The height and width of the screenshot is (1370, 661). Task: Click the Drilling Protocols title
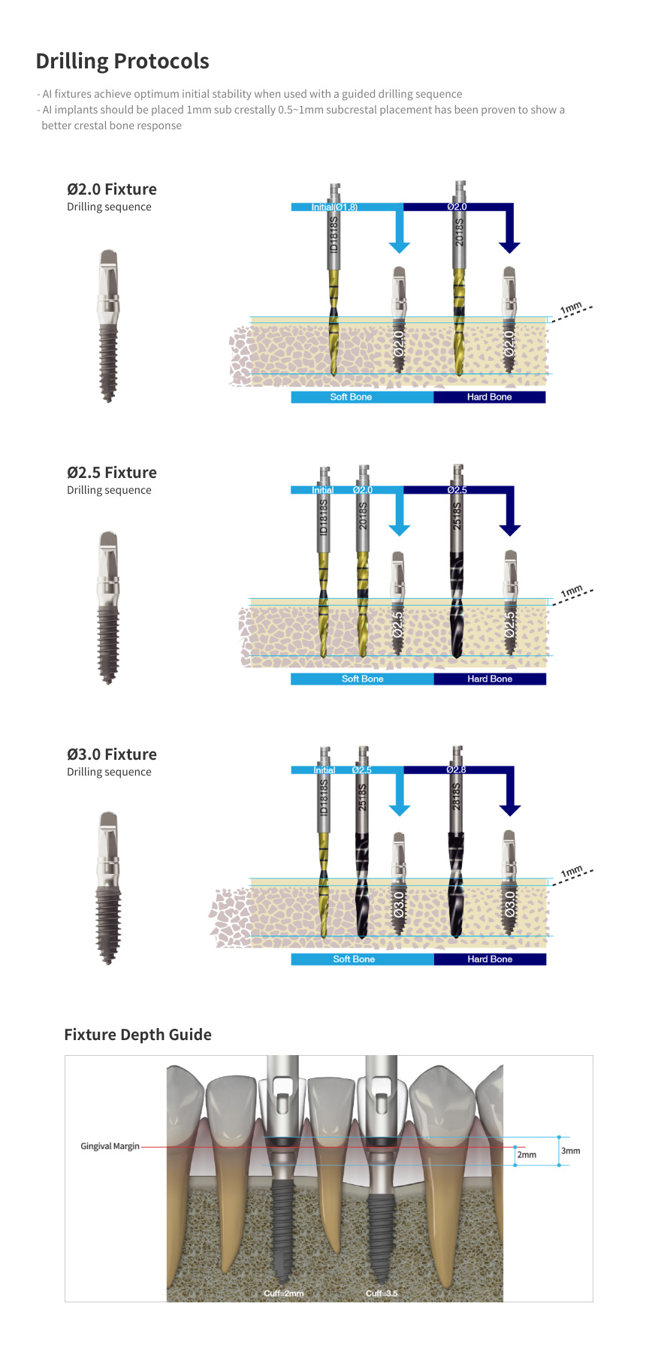click(122, 61)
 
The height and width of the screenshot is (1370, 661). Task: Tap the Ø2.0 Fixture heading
click(111, 189)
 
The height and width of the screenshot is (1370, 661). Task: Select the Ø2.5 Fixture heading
click(111, 473)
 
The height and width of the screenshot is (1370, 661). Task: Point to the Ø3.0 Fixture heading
click(111, 755)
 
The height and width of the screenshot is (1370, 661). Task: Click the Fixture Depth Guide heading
click(137, 1035)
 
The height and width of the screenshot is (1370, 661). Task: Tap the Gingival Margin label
click(110, 1146)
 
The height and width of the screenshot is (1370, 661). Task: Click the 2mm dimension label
click(527, 1155)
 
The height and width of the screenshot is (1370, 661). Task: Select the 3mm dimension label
click(570, 1151)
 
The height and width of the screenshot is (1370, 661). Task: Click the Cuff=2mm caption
click(283, 1293)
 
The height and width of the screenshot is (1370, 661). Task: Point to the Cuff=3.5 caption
click(382, 1293)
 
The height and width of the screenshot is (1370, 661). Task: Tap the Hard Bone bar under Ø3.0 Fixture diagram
click(490, 959)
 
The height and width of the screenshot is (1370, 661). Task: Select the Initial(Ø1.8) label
click(334, 207)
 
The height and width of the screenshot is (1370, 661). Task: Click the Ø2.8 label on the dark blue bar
click(456, 770)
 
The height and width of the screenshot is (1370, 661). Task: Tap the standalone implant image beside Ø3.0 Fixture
click(109, 888)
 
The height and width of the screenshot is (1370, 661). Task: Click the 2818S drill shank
click(456, 797)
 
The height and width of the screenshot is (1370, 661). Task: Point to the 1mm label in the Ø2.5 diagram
click(572, 591)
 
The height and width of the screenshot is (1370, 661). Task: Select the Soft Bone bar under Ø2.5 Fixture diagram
click(362, 679)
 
